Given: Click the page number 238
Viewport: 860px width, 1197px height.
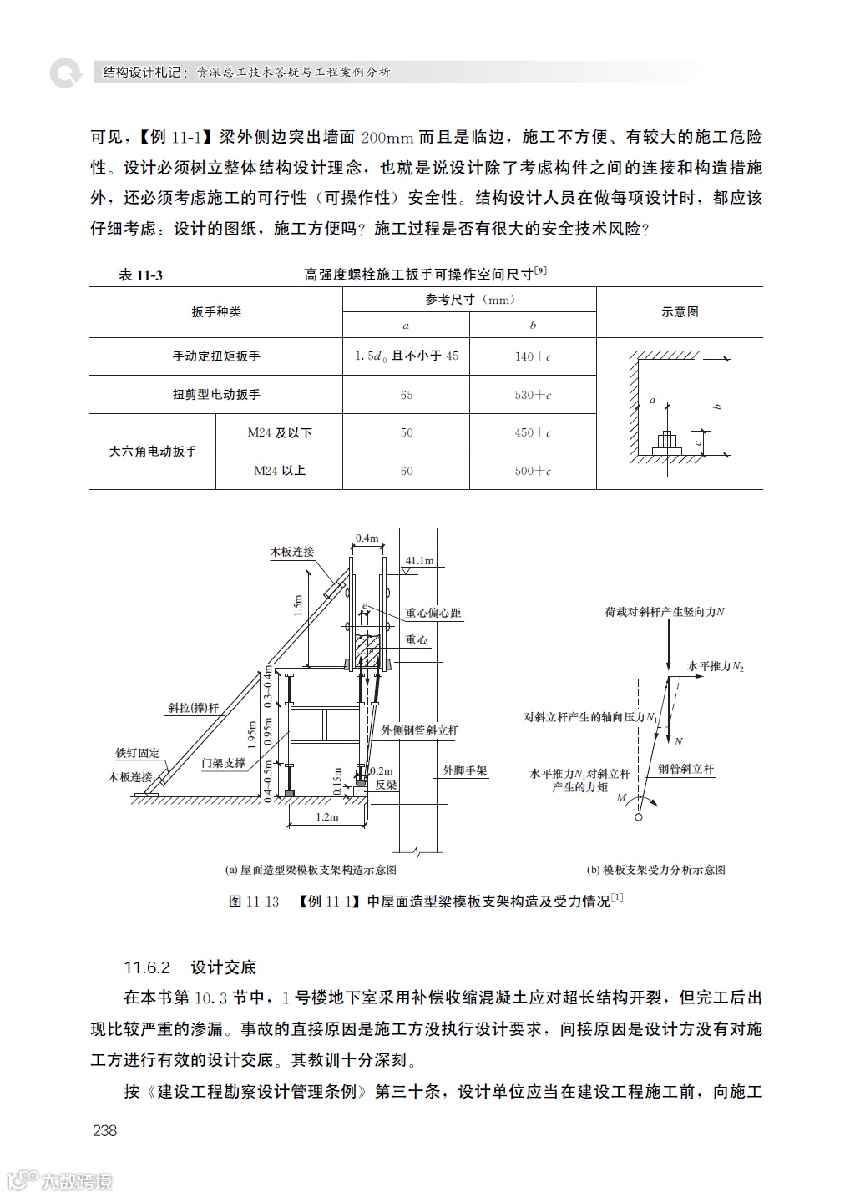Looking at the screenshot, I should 105,1130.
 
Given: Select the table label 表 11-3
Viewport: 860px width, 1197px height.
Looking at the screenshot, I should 140,275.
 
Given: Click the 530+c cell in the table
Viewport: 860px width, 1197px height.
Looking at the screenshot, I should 533,395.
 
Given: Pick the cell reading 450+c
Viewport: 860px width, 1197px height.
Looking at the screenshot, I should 533,432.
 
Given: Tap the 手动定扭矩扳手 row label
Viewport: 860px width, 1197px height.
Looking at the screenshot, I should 216,356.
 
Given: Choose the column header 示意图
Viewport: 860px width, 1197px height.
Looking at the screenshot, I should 680,311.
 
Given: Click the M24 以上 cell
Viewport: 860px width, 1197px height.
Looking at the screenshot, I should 279,471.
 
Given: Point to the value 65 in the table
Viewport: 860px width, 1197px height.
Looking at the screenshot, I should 407,395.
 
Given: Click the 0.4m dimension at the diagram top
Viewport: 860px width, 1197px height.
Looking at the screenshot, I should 367,538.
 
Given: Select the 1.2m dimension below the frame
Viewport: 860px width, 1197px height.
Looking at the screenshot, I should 326,817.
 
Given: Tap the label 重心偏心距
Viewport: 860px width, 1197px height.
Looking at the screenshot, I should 433,613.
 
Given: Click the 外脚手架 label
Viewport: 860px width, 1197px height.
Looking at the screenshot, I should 465,770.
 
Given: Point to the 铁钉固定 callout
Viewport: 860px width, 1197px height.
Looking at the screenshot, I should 138,753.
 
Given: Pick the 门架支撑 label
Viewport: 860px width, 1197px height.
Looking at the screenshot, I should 224,763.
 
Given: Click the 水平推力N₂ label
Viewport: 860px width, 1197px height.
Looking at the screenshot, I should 716,666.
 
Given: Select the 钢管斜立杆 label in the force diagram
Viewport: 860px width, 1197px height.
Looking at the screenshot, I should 686,769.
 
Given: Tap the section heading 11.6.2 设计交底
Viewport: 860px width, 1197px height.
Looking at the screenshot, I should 190,967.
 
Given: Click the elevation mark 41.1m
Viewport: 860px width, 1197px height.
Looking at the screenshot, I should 420,560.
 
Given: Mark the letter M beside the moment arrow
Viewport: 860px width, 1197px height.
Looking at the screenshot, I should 621,798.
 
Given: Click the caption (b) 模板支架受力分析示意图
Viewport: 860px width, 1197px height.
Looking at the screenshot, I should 655,870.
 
